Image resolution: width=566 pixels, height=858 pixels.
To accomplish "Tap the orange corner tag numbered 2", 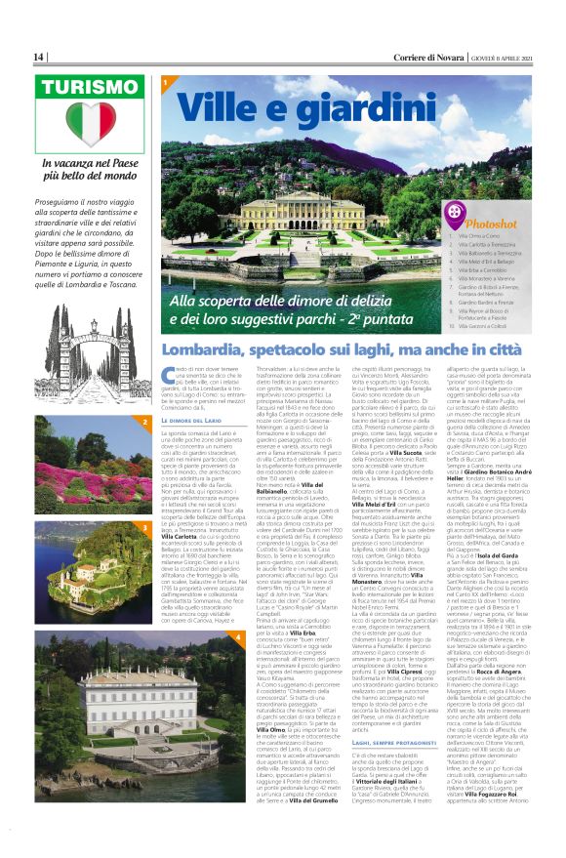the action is click(144, 422).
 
